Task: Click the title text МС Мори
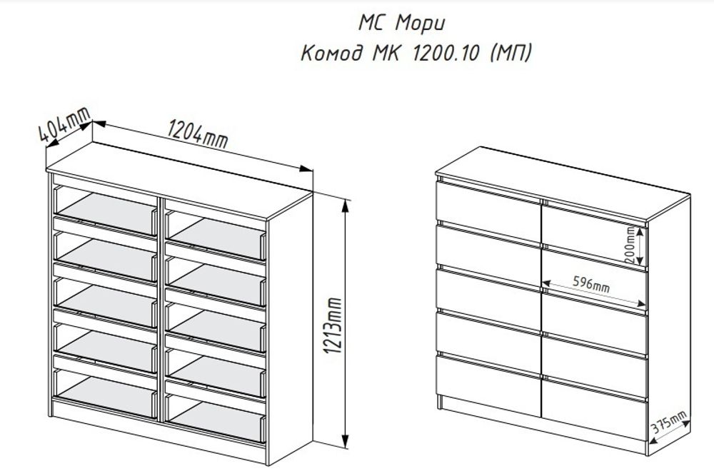[x=401, y=23]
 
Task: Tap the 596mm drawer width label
[x=591, y=283]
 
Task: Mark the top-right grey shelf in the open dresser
[x=216, y=231]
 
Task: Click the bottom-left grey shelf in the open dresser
[x=106, y=394]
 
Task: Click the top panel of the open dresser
[x=178, y=171]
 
